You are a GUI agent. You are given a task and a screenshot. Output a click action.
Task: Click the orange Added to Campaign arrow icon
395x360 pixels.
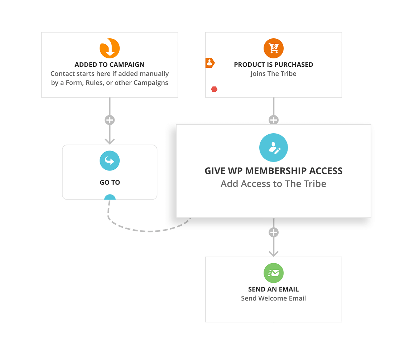coord(110,48)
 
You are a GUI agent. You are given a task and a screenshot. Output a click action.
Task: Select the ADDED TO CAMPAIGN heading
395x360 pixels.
coord(110,65)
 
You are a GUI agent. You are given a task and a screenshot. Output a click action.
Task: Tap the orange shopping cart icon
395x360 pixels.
coord(274,48)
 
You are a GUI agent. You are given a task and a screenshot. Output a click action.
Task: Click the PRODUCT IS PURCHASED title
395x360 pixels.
coord(274,65)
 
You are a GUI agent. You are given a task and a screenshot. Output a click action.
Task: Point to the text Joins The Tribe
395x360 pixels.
coord(274,74)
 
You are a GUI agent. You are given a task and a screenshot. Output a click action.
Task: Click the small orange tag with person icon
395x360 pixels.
coord(209,63)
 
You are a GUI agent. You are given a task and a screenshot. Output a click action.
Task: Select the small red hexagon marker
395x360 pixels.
coord(214,89)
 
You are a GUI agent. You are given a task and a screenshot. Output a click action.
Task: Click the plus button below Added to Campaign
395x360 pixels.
coord(110,120)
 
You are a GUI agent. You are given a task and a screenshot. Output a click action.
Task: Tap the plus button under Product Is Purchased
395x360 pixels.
coord(274,120)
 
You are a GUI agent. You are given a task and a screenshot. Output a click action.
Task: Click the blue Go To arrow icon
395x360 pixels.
coord(110,161)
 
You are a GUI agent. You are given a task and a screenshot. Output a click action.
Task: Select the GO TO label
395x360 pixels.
coord(110,183)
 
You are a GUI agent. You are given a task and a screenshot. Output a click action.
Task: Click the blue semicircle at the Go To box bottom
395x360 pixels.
coord(110,197)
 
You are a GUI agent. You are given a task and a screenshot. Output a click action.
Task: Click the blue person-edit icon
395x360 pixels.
coord(274,148)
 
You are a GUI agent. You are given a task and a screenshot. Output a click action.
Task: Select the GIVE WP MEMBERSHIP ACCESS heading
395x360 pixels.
coord(274,171)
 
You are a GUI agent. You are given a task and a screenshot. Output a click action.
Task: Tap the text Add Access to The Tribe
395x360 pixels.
coord(274,184)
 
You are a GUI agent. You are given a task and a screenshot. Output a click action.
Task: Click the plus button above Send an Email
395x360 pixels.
coord(274,232)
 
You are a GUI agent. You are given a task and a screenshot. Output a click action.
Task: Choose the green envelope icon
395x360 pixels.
coord(274,273)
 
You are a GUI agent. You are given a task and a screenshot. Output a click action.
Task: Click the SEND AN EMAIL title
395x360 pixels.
coord(274,289)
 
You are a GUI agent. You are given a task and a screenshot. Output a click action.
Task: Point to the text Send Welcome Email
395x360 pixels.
coord(274,298)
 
